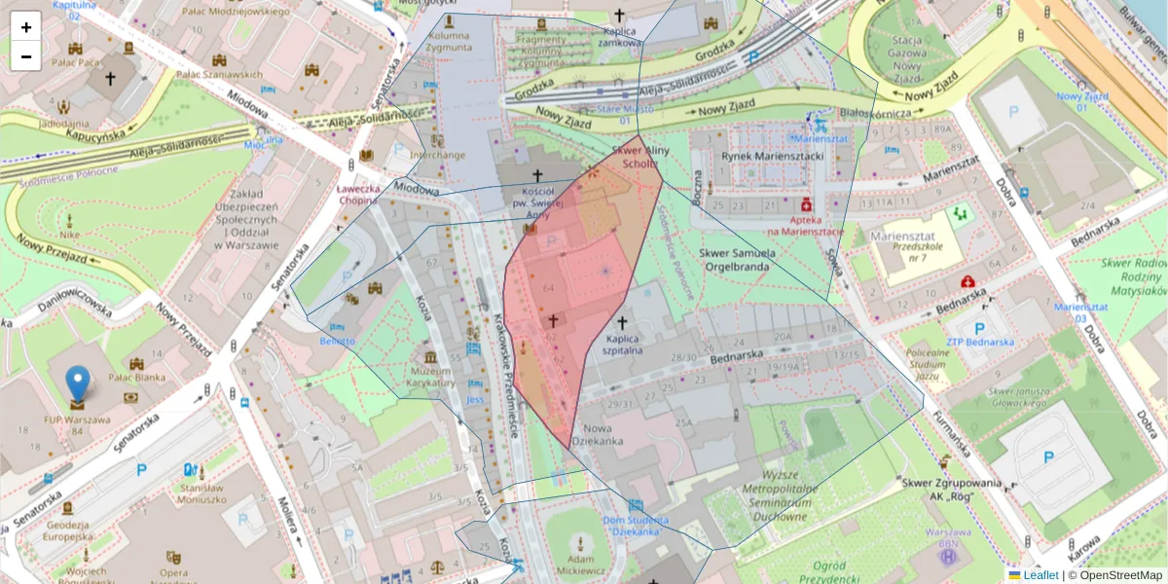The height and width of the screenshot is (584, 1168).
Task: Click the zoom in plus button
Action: coord(26,26)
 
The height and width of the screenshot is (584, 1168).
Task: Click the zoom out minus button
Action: coord(26,55)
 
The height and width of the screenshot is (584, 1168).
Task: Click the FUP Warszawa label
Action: coord(76,420)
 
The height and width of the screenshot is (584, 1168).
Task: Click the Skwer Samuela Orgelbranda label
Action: coord(737,260)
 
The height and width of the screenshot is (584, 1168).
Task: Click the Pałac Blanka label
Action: coord(137,378)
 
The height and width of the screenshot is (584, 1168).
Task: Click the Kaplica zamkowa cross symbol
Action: coord(619,15)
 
